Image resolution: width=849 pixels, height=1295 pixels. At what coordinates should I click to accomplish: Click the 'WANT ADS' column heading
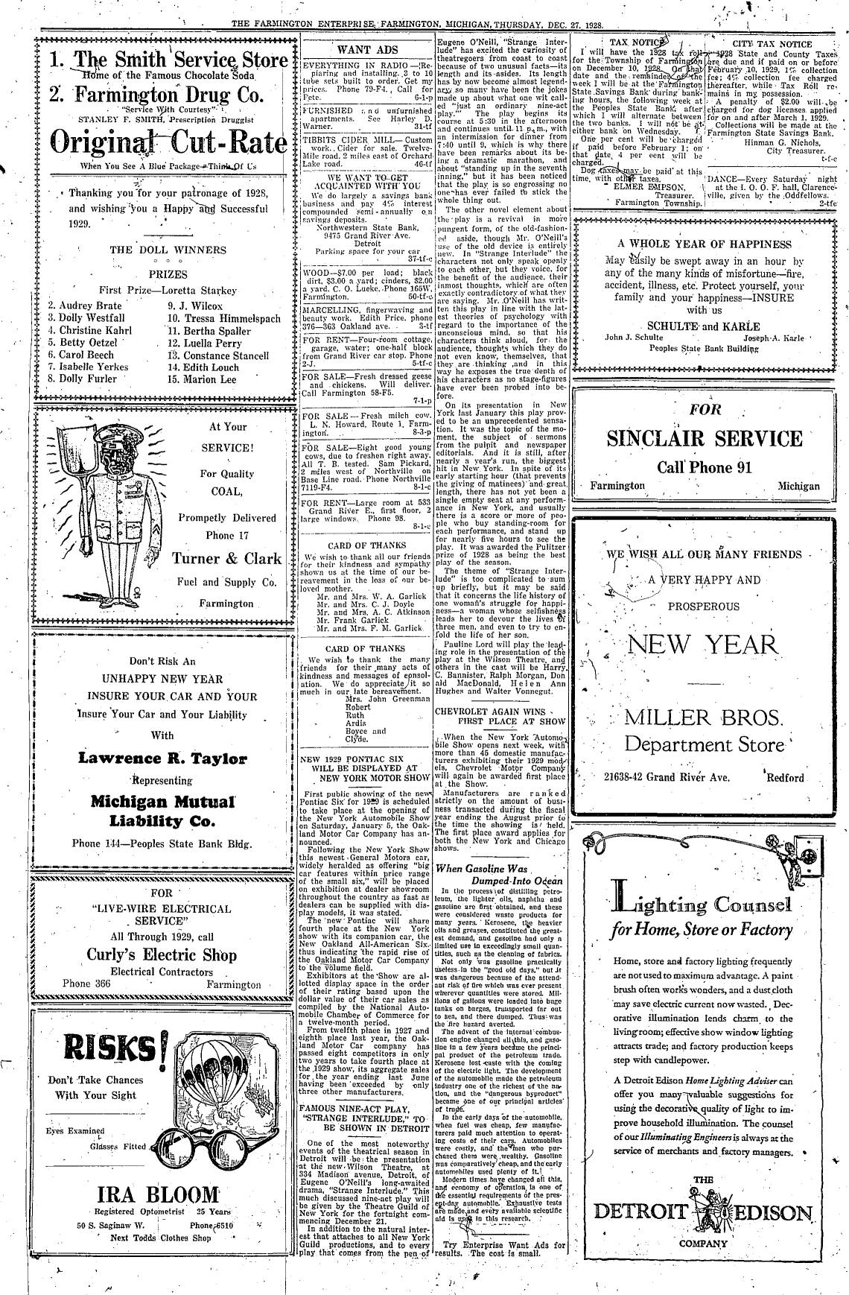(367, 51)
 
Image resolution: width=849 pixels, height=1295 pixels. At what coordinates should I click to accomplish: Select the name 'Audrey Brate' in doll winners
(84, 305)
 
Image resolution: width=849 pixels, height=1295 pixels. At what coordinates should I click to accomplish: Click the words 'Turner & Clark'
(227, 559)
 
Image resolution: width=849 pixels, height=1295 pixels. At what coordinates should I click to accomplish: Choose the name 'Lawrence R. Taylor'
(162, 759)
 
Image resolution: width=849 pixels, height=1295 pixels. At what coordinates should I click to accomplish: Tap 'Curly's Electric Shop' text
(162, 954)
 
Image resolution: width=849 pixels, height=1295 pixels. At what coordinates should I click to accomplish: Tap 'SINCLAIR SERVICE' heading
(705, 438)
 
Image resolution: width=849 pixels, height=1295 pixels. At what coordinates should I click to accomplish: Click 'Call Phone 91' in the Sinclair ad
(704, 468)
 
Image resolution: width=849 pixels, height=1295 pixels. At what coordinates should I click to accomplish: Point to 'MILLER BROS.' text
(704, 718)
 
